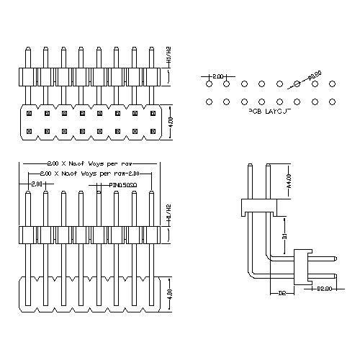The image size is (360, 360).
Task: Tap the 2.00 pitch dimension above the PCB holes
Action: tap(217, 76)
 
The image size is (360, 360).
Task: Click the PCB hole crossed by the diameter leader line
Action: tap(297, 85)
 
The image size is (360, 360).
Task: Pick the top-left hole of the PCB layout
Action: tap(209, 85)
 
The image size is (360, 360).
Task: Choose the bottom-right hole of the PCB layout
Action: tap(332, 102)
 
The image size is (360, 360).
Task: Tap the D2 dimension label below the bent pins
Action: tap(282, 293)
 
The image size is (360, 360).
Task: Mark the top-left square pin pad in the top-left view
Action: tap(28, 113)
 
